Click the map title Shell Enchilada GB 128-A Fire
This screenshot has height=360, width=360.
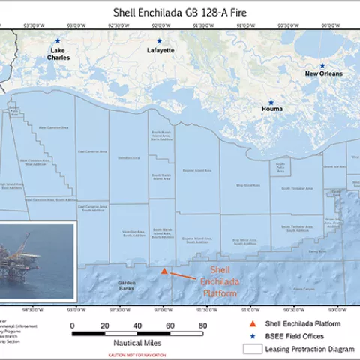[179, 13]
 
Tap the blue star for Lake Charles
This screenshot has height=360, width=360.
[58, 41]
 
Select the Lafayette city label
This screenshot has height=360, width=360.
[159, 50]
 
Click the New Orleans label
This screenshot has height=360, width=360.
[323, 73]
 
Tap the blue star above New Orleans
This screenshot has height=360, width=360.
[322, 65]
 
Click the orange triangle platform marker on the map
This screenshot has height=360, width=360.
[164, 270]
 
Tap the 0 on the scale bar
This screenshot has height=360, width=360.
[72, 325]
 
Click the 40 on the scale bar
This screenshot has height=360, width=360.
[137, 325]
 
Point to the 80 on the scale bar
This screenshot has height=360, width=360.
[202, 325]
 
